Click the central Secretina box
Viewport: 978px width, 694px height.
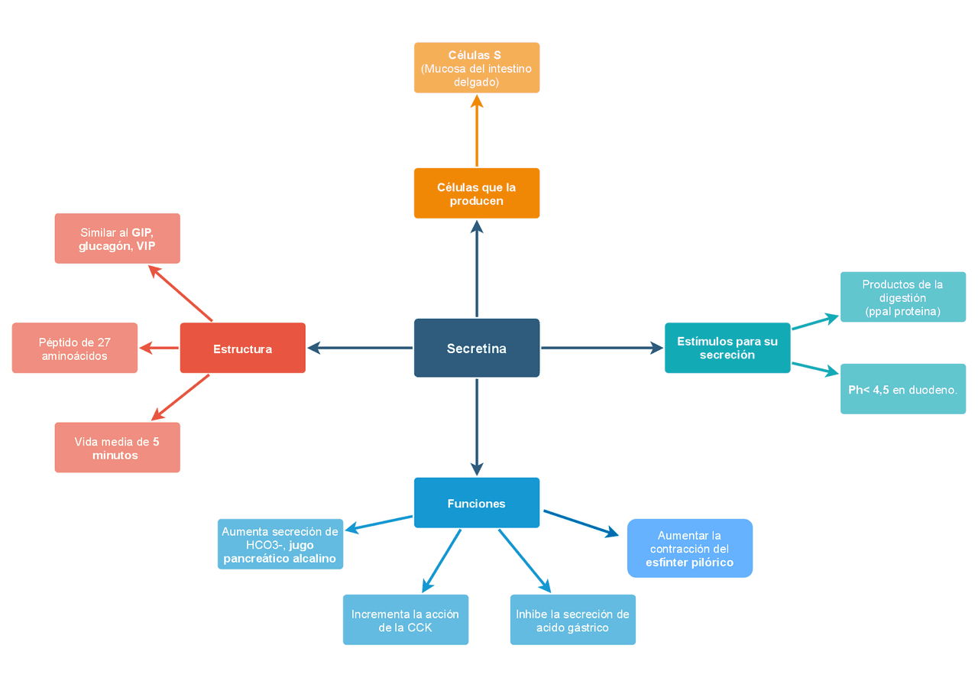477,348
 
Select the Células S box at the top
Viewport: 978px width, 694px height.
477,68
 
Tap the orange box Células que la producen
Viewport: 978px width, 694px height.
477,193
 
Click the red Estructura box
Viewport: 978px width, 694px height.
242,348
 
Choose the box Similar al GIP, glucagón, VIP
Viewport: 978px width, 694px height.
117,238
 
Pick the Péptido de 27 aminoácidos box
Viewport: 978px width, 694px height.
75,348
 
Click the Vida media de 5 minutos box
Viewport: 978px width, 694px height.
117,447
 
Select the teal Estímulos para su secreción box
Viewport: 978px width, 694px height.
727,348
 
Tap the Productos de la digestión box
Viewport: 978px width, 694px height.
903,297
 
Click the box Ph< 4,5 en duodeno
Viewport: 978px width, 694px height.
903,389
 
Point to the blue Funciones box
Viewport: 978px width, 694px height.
477,503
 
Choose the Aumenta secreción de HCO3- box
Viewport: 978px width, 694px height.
280,544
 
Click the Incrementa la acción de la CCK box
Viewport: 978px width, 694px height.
406,620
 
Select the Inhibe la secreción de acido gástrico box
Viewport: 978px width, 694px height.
573,620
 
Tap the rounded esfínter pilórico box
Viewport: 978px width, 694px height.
690,548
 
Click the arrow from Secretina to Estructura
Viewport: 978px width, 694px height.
359,349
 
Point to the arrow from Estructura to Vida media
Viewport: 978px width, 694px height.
180,397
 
